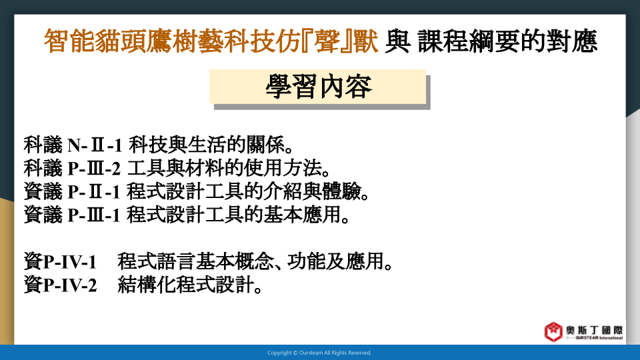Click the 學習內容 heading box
coord(317,87)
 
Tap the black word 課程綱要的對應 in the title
coord(508,41)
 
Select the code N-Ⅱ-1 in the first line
coord(95,145)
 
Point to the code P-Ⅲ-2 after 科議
coord(94,168)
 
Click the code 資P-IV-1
coord(60,261)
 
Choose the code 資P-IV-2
coord(60,285)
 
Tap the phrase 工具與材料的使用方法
coord(224,168)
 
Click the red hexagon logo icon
coord(553,331)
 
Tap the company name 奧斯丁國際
coord(594,330)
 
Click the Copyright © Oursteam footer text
coord(319,353)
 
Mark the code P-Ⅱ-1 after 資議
coord(94,191)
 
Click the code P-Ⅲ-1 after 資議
coord(94,215)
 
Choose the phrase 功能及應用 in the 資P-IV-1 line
coord(335,261)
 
